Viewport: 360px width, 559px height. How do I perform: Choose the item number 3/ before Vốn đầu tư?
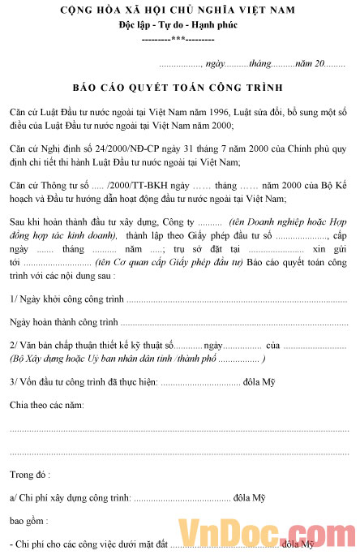click(x=14, y=381)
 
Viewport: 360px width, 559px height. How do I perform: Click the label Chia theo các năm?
click(x=46, y=404)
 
